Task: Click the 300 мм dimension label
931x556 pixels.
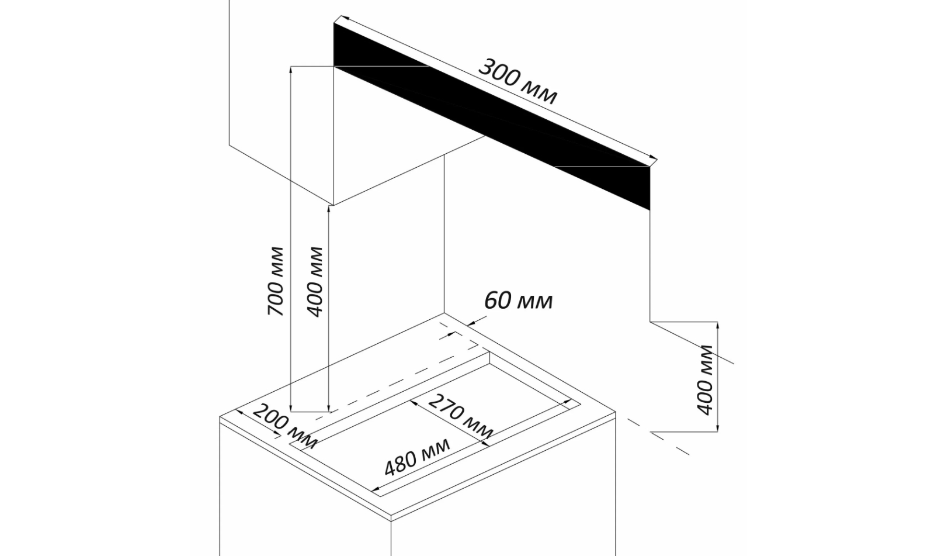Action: tap(517, 82)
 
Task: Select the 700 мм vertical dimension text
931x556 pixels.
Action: tap(276, 282)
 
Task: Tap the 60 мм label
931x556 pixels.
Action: tap(518, 301)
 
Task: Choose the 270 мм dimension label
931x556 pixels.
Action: tap(461, 416)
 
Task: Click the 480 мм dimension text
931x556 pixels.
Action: tap(417, 457)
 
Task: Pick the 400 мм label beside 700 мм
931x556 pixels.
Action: tap(315, 282)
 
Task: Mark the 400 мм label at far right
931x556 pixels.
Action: tap(705, 380)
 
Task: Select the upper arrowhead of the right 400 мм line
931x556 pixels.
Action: tap(718, 326)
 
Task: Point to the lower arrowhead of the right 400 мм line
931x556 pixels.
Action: tap(718, 427)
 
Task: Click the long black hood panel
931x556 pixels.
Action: tap(492, 116)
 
